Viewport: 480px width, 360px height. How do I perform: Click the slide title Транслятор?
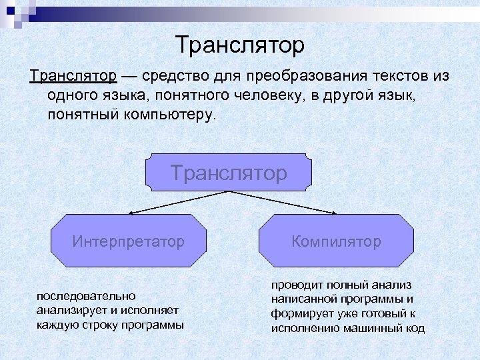click(x=240, y=45)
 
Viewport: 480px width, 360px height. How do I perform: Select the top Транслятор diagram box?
click(x=229, y=173)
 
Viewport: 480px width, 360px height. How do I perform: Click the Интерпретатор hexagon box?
click(x=129, y=241)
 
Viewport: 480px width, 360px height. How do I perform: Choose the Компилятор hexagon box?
click(x=336, y=241)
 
